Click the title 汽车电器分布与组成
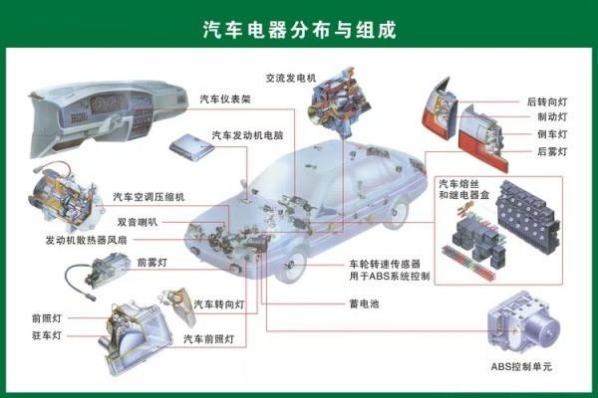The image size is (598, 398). point(299,29)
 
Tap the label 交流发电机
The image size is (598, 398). point(290,77)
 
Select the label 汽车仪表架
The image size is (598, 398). point(225,99)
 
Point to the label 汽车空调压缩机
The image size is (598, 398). point(149,197)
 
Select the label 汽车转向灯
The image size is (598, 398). point(218,303)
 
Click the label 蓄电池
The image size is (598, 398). point(365,303)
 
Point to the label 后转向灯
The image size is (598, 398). point(546,101)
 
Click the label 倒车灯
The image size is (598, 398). point(551,134)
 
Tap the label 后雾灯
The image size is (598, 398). point(551,151)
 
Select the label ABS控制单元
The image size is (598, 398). point(520,367)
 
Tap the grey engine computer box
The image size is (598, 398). point(192,145)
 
